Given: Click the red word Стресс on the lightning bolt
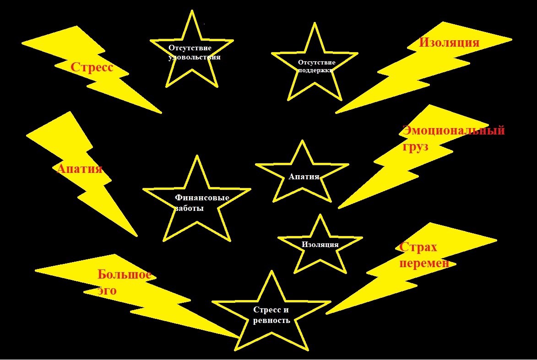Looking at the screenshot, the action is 92,68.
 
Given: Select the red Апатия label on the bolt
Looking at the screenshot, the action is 79,169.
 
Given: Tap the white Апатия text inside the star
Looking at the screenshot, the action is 304,177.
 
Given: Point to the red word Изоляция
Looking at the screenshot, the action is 449,43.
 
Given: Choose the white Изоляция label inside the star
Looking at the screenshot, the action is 320,244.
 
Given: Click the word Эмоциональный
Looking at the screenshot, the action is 453,130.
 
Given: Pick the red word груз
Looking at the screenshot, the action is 415,147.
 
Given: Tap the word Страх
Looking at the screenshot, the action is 418,247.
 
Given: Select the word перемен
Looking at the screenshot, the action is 424,264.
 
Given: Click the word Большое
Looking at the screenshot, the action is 124,275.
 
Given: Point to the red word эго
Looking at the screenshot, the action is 107,290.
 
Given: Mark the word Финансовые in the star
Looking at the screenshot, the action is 202,198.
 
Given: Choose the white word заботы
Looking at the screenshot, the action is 189,208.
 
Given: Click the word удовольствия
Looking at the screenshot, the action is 195,58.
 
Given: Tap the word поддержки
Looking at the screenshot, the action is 315,70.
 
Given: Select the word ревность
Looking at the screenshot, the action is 271,320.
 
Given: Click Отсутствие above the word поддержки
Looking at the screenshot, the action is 317,62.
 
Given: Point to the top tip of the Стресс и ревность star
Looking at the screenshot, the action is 272,271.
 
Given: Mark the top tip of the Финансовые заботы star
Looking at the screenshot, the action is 197,156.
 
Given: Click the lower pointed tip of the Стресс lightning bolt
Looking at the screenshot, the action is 161,113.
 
